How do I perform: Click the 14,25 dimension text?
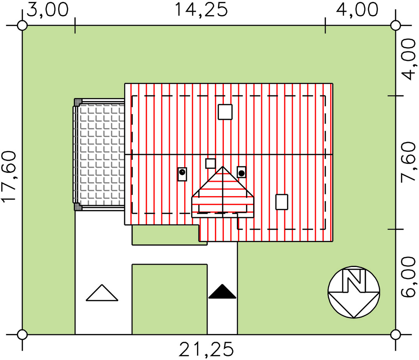click(x=201, y=10)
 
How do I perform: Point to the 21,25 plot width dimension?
click(x=206, y=349)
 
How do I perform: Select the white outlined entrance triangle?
click(x=102, y=293)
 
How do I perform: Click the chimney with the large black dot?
click(x=241, y=172)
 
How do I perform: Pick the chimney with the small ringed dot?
click(x=182, y=174)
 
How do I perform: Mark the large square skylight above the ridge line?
click(x=225, y=112)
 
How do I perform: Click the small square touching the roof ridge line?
click(x=211, y=163)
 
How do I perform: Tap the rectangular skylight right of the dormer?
click(x=282, y=202)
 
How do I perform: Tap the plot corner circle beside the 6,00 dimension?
click(x=396, y=334)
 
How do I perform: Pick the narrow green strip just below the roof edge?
click(x=164, y=235)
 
